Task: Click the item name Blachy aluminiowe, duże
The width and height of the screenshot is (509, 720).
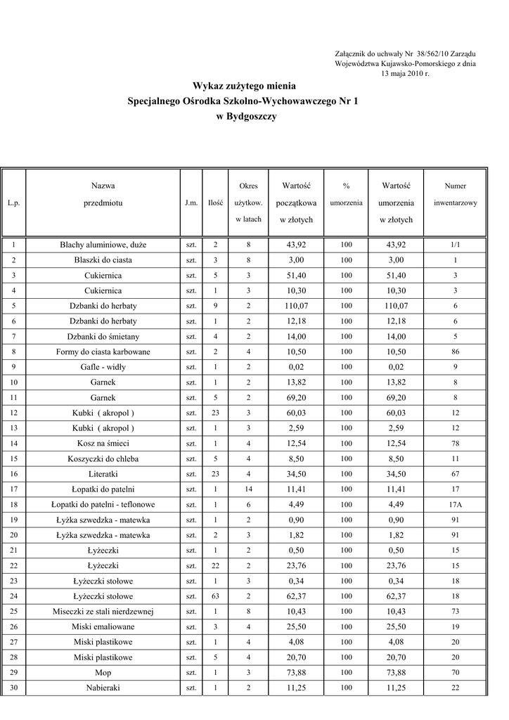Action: coord(103,245)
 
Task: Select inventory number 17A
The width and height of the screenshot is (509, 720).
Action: coord(455,504)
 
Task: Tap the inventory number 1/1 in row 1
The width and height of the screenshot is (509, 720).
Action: coord(455,245)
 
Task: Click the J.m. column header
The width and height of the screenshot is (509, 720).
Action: coord(191,202)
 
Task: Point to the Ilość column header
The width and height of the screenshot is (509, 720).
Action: coord(215,202)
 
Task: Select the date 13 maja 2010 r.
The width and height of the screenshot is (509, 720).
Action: coord(405,73)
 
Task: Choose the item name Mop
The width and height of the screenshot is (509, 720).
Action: coord(103,672)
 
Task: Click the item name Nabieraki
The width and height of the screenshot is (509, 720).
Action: coord(103,688)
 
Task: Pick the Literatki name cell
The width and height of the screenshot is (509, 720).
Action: coord(103,474)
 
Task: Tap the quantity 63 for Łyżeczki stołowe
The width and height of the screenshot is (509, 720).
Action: coord(215,596)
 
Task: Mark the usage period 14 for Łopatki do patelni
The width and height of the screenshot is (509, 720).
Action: coord(248,489)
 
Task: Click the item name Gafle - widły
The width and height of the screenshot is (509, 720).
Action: coord(103,367)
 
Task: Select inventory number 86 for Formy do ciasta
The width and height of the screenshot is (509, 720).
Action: coord(455,352)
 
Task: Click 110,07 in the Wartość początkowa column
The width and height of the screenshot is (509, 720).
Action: coord(296,306)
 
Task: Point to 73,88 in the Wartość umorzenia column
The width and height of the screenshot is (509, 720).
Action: coord(396,672)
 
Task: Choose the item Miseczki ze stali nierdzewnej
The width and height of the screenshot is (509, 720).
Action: coord(103,612)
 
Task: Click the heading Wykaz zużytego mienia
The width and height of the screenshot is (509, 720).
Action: coord(239,86)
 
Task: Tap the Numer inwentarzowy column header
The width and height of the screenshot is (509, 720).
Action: coord(455,195)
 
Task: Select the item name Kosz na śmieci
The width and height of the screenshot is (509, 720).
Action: coord(103,444)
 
